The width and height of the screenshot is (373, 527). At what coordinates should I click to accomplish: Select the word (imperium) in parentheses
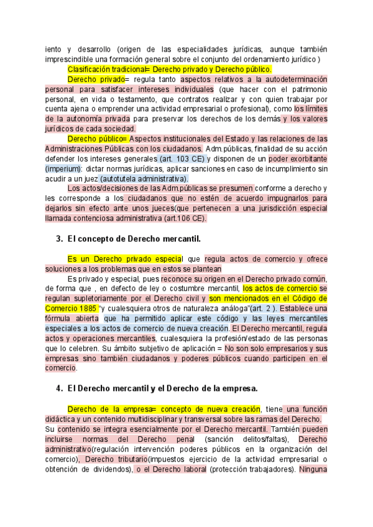click(63, 169)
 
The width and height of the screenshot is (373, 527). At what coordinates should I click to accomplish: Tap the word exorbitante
click(304, 159)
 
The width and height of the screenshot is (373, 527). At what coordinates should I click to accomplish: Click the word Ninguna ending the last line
click(313, 469)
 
